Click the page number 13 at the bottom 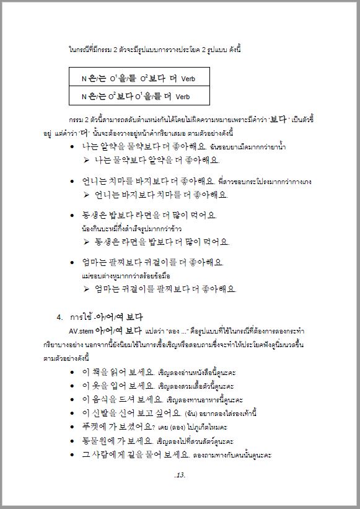tap(180, 475)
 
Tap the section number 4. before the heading tap(60, 317)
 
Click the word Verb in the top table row tap(188, 79)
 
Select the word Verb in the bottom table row tap(183, 97)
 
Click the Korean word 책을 tap(103, 372)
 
